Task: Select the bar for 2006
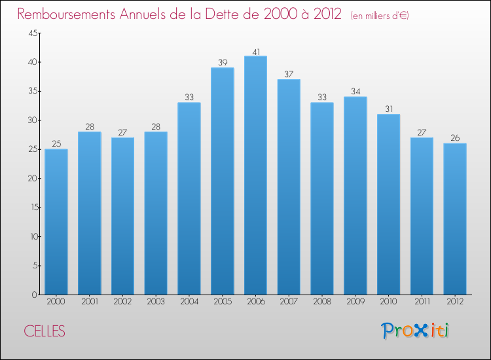255,175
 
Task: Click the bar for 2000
56,221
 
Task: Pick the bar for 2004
189,198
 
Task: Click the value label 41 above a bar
255,51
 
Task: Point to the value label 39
222,63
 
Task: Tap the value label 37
289,75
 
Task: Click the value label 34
355,92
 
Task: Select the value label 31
388,109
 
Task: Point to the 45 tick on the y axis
32,33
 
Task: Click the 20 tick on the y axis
32,179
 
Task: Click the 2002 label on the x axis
122,302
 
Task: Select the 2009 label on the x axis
355,302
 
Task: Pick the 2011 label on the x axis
422,302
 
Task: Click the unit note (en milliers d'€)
380,16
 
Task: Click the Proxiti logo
415,331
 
